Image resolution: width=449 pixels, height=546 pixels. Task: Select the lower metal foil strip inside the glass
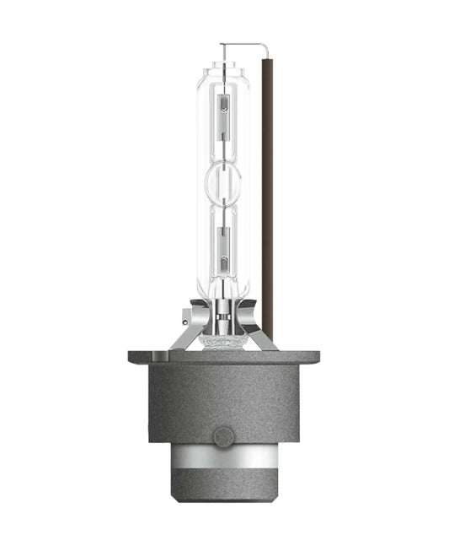[x=224, y=248]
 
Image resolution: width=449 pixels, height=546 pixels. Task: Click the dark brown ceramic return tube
[x=268, y=186]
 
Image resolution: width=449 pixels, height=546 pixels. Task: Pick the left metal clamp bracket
[x=187, y=329]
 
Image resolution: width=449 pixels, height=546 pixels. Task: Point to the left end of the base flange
[x=133, y=357]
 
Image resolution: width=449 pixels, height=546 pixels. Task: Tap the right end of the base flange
[x=315, y=357]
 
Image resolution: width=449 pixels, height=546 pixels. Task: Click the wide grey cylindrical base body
[x=224, y=401]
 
